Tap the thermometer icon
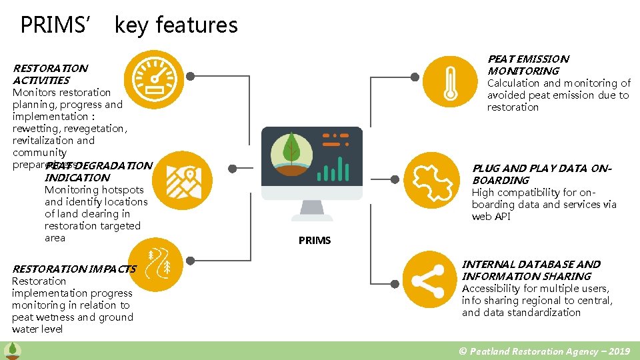(450, 82)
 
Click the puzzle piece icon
(431, 178)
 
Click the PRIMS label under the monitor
(315, 241)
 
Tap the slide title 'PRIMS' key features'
(129, 25)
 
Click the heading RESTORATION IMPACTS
(73, 269)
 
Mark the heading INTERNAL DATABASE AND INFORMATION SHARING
(531, 271)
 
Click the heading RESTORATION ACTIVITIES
(50, 74)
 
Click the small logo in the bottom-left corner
(11, 350)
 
